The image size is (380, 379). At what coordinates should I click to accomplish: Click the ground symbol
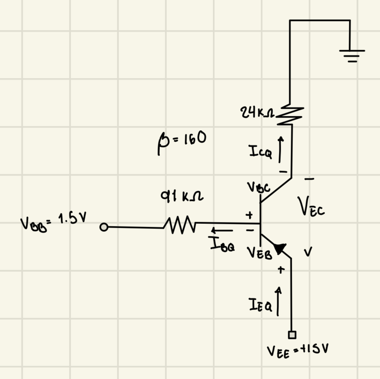coord(352,56)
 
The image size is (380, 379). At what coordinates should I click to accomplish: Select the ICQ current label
coord(260,153)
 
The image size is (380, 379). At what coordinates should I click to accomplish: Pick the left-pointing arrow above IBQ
coord(222,231)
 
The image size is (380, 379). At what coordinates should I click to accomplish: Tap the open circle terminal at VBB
coord(104,227)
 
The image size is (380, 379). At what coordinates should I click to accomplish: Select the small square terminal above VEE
coord(292,335)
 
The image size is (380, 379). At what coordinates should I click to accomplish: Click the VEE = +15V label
coord(297,350)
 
